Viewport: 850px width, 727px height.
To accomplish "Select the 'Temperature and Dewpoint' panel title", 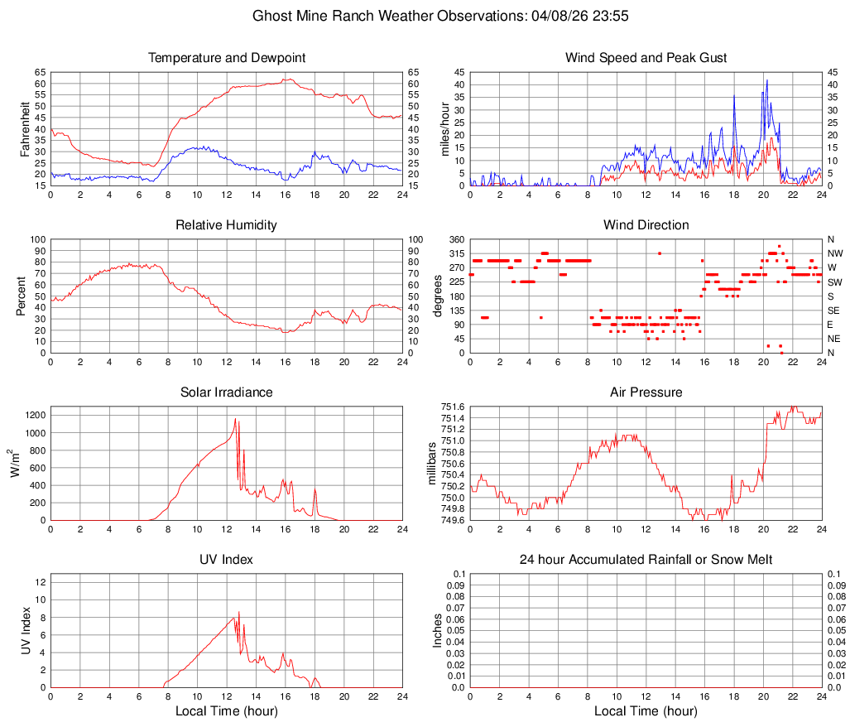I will click(227, 58).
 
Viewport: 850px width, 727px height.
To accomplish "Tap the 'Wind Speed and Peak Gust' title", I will click(646, 58).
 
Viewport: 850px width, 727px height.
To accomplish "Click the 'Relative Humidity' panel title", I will click(227, 225).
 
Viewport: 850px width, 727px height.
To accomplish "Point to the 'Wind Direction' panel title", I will click(646, 225).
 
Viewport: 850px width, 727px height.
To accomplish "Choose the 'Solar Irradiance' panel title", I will click(227, 392).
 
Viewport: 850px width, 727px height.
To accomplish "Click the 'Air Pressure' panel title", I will click(646, 392).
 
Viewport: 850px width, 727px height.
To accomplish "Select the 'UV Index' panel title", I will click(227, 560).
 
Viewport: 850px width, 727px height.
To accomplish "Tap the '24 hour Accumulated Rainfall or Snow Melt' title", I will click(646, 560).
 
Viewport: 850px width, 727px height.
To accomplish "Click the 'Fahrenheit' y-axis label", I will click(25, 128).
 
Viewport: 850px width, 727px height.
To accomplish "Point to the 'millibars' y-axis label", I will click(431, 463).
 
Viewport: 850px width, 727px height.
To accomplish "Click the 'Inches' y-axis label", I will click(438, 630).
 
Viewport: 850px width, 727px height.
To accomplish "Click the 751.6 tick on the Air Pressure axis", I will click(454, 407).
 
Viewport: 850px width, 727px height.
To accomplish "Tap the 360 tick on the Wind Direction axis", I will click(456, 239).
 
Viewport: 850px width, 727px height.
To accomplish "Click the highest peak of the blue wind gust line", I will click(767, 80).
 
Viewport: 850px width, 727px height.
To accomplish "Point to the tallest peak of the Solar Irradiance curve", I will click(236, 419).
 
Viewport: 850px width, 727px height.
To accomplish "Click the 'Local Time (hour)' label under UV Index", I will click(227, 711).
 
